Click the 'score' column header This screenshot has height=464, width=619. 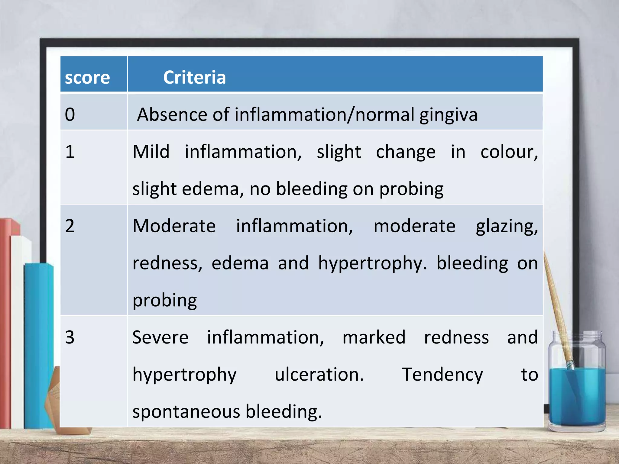tap(87, 78)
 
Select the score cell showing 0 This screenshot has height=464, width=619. tap(70, 114)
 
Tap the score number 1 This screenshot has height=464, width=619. tap(70, 151)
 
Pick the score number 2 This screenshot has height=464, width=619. tap(70, 226)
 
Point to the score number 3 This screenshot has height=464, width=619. tap(70, 337)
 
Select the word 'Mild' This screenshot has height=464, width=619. tap(151, 151)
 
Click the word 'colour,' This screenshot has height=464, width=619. tap(509, 152)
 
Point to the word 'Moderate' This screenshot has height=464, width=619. tap(174, 226)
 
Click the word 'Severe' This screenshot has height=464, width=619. tap(160, 337)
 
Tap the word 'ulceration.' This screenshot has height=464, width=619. tap(319, 374)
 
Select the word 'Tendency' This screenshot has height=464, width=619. tap(442, 375)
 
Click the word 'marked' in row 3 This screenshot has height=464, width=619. tap(374, 337)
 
